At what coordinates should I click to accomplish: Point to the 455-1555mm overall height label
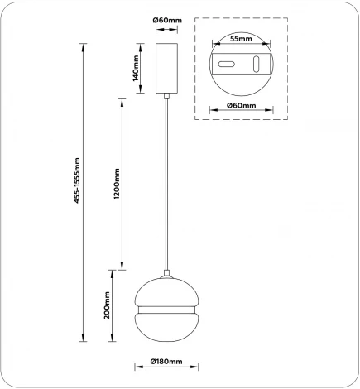tap(76, 180)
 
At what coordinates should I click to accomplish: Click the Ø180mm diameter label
tap(166, 363)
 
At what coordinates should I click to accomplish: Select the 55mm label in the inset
tap(240, 39)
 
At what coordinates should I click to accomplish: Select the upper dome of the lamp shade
tap(166, 291)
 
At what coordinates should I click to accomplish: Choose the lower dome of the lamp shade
tap(166, 327)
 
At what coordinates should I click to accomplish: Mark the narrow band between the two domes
tap(166, 309)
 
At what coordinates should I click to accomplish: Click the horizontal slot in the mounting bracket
tap(224, 64)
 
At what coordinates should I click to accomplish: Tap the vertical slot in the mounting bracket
tap(257, 65)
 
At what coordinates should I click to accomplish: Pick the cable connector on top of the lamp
tap(166, 273)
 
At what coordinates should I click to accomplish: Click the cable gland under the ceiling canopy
tap(166, 98)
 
